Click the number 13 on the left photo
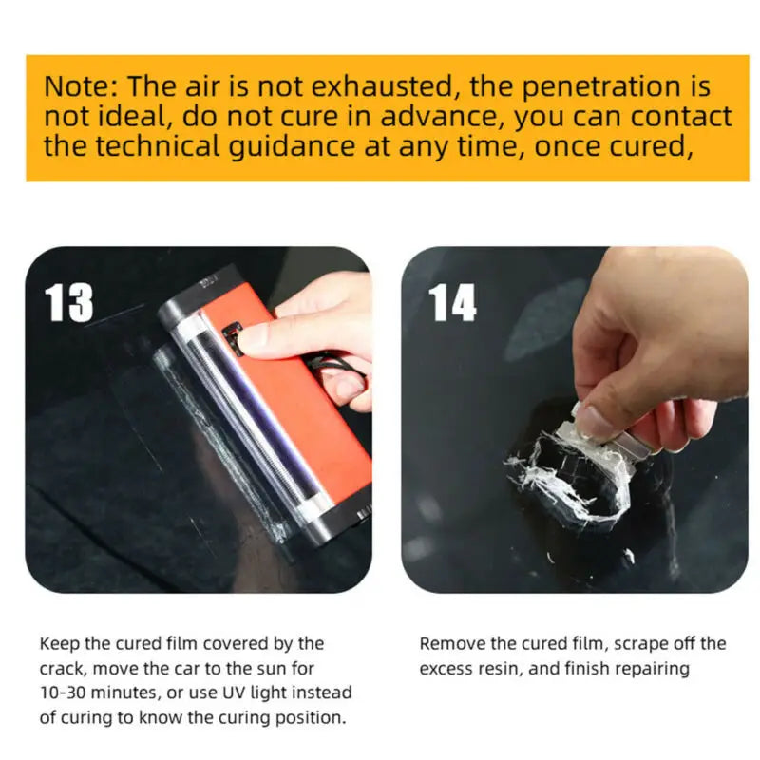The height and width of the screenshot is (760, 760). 69,302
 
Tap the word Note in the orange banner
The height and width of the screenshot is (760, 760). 78,86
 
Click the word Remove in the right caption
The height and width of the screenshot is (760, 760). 448,644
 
